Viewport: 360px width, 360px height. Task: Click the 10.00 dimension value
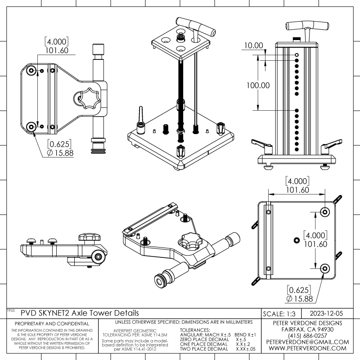[253, 45]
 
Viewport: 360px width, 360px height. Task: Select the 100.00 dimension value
[257, 85]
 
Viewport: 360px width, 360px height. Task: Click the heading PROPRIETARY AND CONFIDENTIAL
[52, 324]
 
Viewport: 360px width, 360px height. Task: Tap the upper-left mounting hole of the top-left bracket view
[31, 71]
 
